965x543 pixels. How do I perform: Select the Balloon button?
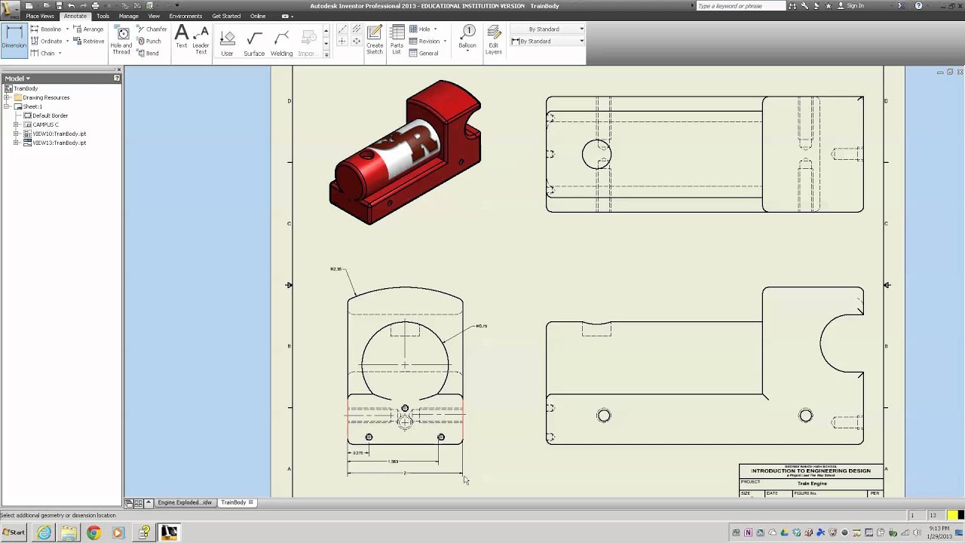point(467,38)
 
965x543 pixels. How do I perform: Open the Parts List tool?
point(397,40)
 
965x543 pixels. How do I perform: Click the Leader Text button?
point(201,39)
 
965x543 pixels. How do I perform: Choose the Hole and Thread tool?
point(121,40)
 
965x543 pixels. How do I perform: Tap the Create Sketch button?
point(375,40)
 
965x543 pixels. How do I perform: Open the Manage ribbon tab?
point(128,16)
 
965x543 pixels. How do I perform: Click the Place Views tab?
point(40,16)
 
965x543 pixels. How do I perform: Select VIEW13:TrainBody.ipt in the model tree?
point(59,143)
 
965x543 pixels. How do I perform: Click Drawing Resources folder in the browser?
point(46,97)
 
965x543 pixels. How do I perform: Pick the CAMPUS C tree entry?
point(45,124)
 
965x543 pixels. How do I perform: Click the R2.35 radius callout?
point(336,269)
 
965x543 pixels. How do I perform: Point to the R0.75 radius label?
point(481,327)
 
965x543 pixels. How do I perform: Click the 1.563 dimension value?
point(393,462)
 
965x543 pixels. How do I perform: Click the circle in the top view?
point(596,155)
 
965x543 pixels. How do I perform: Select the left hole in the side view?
point(603,416)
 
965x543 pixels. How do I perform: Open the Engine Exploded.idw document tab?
point(184,502)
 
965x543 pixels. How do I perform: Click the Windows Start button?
point(14,532)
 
